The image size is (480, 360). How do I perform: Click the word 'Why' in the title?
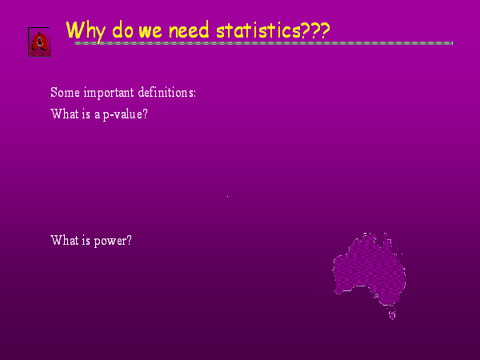click(86, 31)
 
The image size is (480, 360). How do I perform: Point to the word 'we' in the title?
click(150, 31)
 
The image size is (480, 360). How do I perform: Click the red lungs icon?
click(39, 42)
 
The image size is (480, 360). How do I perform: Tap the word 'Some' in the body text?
click(66, 93)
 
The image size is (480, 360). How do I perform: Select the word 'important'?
click(109, 93)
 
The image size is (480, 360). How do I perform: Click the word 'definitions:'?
click(167, 92)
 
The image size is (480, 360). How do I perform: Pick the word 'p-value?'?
click(126, 114)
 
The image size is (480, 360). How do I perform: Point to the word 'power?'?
click(113, 242)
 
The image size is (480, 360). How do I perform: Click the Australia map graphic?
click(369, 273)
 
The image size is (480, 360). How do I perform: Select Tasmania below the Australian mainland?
click(392, 315)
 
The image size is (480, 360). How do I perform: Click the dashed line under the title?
click(263, 43)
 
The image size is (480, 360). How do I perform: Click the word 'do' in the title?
click(122, 30)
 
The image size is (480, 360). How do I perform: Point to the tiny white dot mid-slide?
click(227, 196)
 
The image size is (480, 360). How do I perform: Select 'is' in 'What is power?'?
click(86, 240)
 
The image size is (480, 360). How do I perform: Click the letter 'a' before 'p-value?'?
click(98, 115)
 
